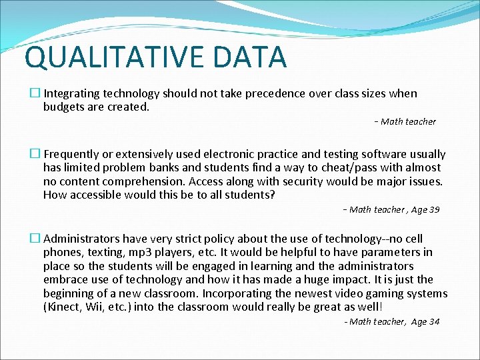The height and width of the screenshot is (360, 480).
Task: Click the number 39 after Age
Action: [x=434, y=209]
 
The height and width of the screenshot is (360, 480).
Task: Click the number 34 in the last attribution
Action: [x=434, y=321]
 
